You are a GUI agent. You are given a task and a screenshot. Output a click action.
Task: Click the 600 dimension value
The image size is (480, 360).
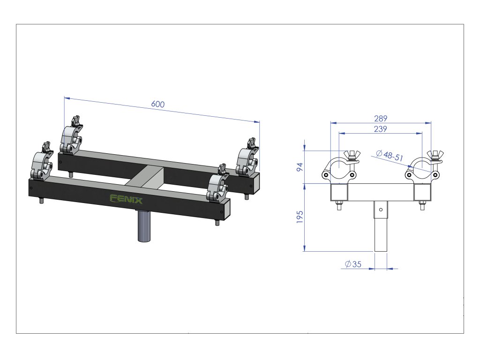click(158, 105)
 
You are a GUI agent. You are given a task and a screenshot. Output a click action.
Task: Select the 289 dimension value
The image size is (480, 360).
click(381, 119)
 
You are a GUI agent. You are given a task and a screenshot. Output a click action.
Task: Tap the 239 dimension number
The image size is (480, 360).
click(381, 129)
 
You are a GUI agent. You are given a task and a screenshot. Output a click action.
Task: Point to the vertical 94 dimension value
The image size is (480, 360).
click(300, 166)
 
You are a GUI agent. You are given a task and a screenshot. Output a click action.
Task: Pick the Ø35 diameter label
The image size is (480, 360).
click(353, 264)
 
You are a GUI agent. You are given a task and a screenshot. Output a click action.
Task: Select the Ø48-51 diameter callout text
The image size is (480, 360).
click(390, 156)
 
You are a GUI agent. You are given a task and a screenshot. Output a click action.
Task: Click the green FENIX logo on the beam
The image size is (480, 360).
click(126, 199)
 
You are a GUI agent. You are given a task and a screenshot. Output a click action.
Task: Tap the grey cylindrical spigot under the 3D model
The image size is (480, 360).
click(144, 226)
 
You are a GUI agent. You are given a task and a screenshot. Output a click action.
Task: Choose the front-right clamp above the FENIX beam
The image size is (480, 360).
click(218, 185)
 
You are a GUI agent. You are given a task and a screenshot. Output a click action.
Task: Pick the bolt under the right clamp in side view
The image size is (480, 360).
click(421, 205)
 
